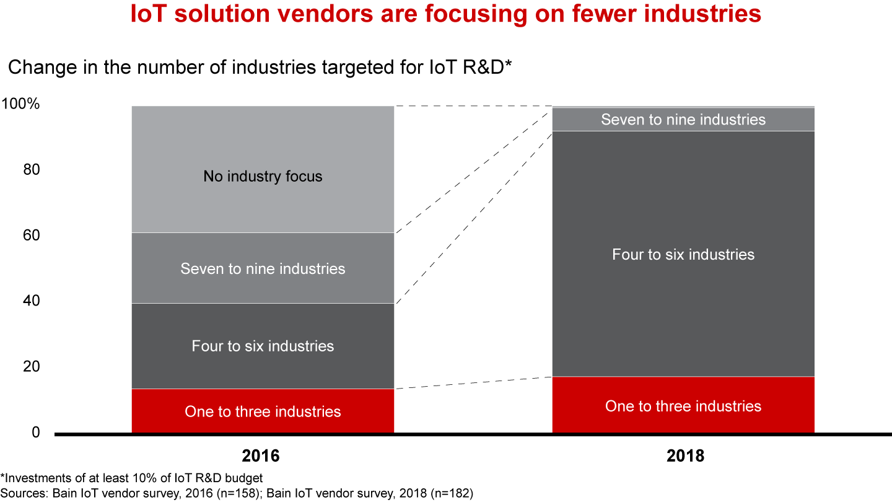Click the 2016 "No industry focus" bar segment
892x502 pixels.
[x=263, y=169]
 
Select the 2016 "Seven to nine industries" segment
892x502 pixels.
[x=263, y=268]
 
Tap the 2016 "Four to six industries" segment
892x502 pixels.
[x=263, y=346]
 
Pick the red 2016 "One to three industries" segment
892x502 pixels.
[x=263, y=411]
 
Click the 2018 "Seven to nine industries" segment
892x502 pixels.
[x=683, y=119]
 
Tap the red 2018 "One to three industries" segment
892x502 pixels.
[x=683, y=405]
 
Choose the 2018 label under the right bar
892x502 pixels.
[x=686, y=457]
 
